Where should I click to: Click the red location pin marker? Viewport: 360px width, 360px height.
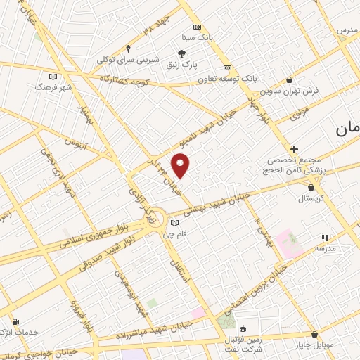[x=181, y=166]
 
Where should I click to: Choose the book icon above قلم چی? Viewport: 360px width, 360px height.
[x=175, y=224]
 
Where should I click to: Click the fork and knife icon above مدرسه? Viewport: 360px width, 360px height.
[x=324, y=238]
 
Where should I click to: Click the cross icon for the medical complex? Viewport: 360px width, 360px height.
[x=294, y=149]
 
